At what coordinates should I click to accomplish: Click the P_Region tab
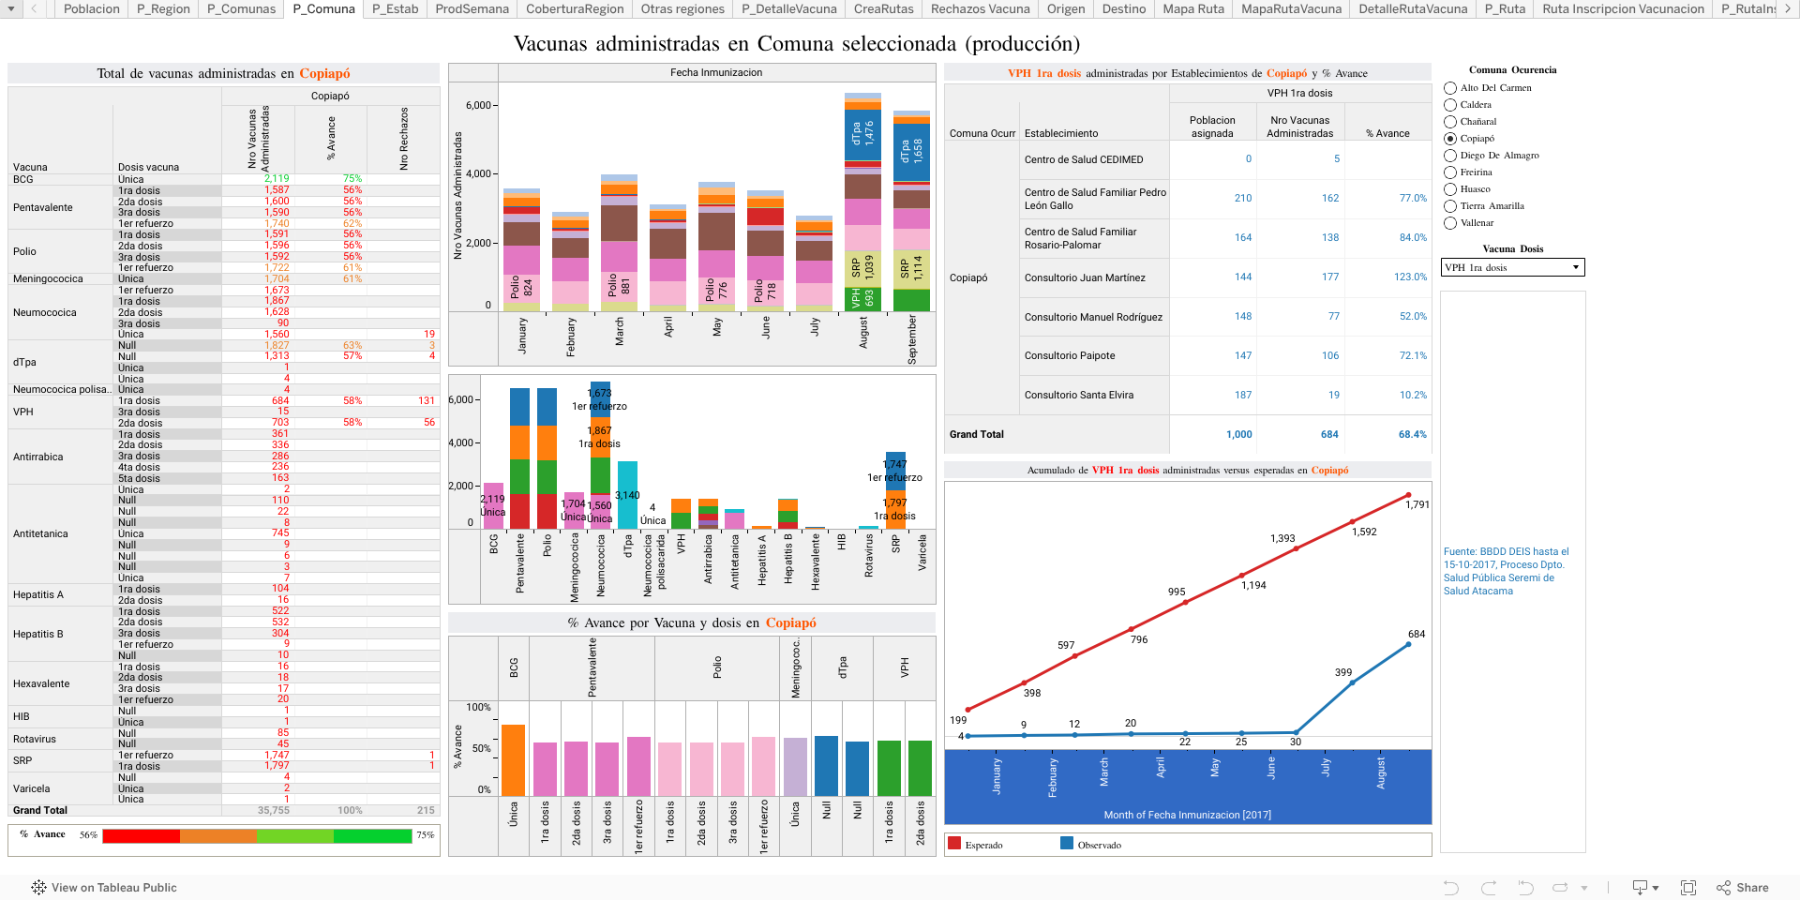(163, 8)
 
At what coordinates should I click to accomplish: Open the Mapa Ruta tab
(1193, 8)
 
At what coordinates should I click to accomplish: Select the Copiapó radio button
(1450, 139)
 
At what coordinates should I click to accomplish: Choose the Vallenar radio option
(1450, 223)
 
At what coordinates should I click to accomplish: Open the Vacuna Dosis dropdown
(1512, 268)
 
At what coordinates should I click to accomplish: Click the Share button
(1743, 887)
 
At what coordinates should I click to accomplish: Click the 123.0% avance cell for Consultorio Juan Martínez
(1410, 277)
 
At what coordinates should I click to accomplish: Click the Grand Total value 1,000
(1238, 435)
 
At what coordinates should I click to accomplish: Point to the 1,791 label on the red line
(1417, 504)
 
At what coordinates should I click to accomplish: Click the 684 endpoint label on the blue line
(1416, 635)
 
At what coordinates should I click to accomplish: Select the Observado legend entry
(1097, 845)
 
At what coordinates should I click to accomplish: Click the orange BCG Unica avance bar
(513, 760)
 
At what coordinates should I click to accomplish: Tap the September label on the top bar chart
(912, 338)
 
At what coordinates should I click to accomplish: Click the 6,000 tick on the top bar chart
(477, 106)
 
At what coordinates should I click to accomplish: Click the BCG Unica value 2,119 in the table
(277, 179)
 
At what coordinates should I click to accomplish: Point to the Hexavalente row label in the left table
(41, 684)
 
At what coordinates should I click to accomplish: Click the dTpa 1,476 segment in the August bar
(862, 133)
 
